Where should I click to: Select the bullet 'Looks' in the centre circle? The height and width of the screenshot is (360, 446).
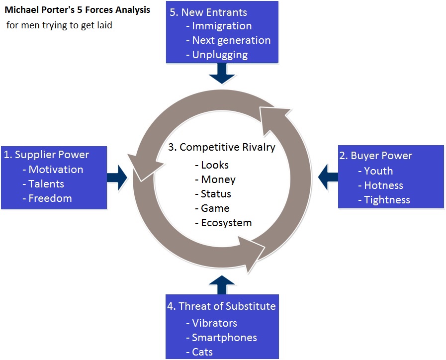215,165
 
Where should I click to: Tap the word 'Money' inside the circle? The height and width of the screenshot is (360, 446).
218,180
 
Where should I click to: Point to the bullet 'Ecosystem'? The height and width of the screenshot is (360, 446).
226,223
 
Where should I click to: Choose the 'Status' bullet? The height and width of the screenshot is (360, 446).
216,194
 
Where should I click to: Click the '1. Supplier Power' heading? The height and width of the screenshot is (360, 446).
46,155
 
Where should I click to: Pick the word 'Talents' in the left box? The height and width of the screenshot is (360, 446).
46,184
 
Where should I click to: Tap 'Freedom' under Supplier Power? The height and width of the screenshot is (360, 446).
50,198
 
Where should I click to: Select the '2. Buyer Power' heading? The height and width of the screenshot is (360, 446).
375,156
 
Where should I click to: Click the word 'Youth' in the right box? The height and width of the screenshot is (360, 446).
378,171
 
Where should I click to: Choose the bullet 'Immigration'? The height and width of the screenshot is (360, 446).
222,26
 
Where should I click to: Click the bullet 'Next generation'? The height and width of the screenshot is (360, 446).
231,40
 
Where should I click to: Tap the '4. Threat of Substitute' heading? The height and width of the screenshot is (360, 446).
221,306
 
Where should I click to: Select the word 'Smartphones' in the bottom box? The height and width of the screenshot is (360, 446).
224,338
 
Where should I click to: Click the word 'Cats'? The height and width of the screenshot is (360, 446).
202,352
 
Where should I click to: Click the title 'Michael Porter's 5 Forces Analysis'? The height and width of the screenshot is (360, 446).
77,9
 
